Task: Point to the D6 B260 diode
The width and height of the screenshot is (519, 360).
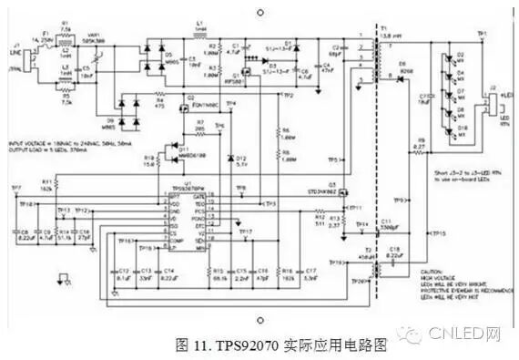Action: click(x=399, y=78)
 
